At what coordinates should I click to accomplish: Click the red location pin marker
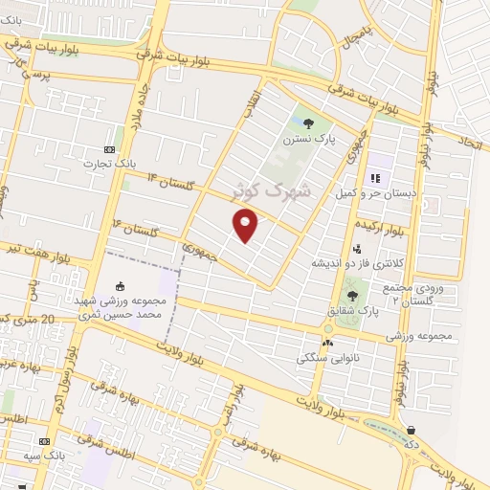point(246,226)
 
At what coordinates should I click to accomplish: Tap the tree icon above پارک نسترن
point(307,122)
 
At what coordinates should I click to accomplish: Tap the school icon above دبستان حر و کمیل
point(375,177)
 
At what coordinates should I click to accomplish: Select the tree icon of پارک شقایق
point(353,296)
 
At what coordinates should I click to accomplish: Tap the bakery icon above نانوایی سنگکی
point(328,343)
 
